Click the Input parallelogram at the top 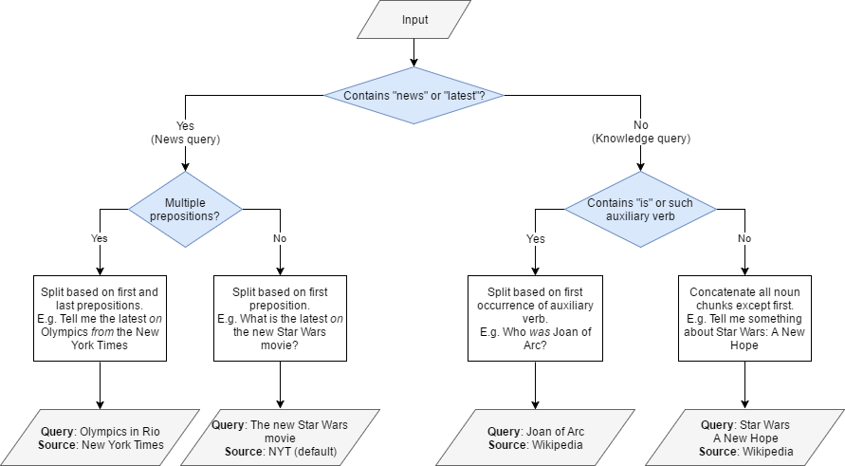413,20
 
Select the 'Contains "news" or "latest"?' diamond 413,95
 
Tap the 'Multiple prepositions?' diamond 185,210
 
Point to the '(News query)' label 185,139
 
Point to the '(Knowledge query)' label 641,139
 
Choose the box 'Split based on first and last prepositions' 100,319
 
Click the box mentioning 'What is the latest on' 280,319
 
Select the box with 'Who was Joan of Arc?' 536,319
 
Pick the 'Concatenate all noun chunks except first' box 744,319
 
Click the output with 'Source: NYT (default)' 280,438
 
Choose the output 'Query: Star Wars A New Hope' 744,438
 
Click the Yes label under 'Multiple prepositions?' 100,238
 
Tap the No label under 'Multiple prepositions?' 280,238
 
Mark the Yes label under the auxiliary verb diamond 536,238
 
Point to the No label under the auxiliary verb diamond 744,238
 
